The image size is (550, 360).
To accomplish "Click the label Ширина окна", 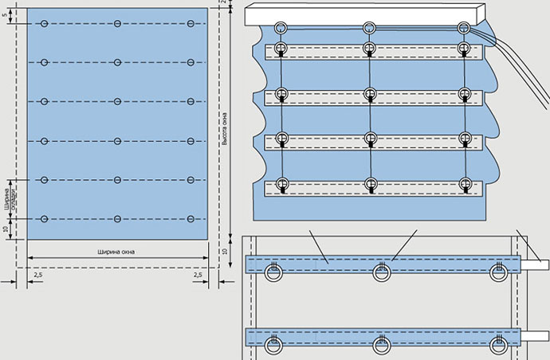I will coord(116,252).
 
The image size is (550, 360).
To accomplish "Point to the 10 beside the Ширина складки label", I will coord(7,229).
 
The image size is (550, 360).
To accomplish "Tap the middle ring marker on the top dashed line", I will coord(117,25).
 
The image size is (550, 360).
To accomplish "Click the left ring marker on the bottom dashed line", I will coord(44,218).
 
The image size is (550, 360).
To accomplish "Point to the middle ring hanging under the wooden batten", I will coord(369,29).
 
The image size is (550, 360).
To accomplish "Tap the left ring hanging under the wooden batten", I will coord(281,29).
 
